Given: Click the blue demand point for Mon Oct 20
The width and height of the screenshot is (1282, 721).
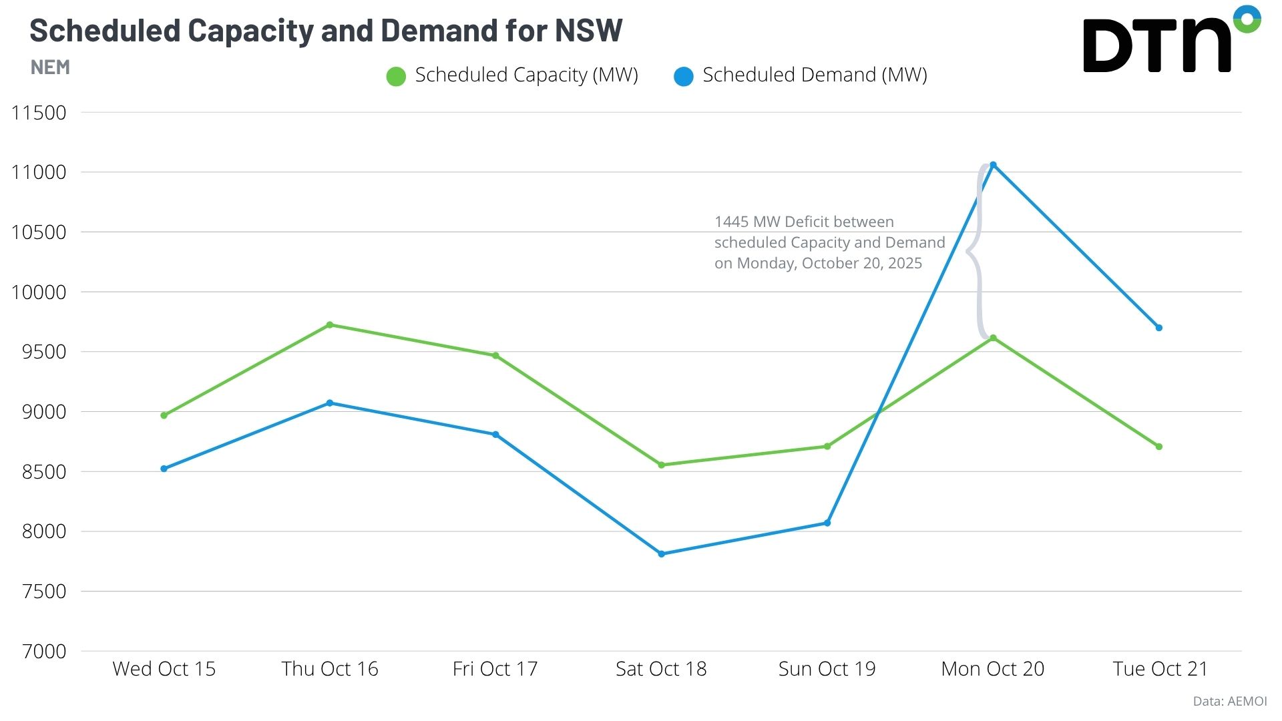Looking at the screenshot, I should [x=993, y=165].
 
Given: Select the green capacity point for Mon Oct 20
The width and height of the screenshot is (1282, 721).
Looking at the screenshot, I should [x=993, y=338].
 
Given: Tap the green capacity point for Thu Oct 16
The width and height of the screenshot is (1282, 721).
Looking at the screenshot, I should [x=330, y=325].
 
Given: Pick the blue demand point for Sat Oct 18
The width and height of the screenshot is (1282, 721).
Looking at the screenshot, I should [x=662, y=554].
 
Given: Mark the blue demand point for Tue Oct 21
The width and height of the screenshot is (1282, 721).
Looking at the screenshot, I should [x=1159, y=328].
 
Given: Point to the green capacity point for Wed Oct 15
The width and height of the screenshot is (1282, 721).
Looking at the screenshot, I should [x=164, y=415].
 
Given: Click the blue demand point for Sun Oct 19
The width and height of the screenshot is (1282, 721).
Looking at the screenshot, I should [x=827, y=523].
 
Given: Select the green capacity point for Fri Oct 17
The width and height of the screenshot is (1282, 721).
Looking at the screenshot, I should [x=495, y=356].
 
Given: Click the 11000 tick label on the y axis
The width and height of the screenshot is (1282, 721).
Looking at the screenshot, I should [x=39, y=172].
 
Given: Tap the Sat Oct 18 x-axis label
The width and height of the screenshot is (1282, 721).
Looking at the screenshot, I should [x=661, y=669].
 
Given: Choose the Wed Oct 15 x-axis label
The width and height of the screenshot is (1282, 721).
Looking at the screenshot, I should [x=164, y=669].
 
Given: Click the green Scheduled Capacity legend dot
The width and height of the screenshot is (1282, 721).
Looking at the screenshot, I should [x=396, y=76].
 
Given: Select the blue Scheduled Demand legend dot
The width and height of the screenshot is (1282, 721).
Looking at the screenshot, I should [x=684, y=76].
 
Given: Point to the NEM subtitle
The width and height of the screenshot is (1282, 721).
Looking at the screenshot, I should [x=50, y=67].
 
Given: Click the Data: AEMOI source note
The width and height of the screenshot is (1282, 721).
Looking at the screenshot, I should [x=1229, y=701].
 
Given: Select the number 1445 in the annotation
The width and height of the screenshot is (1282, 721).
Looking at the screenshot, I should [x=731, y=222].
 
